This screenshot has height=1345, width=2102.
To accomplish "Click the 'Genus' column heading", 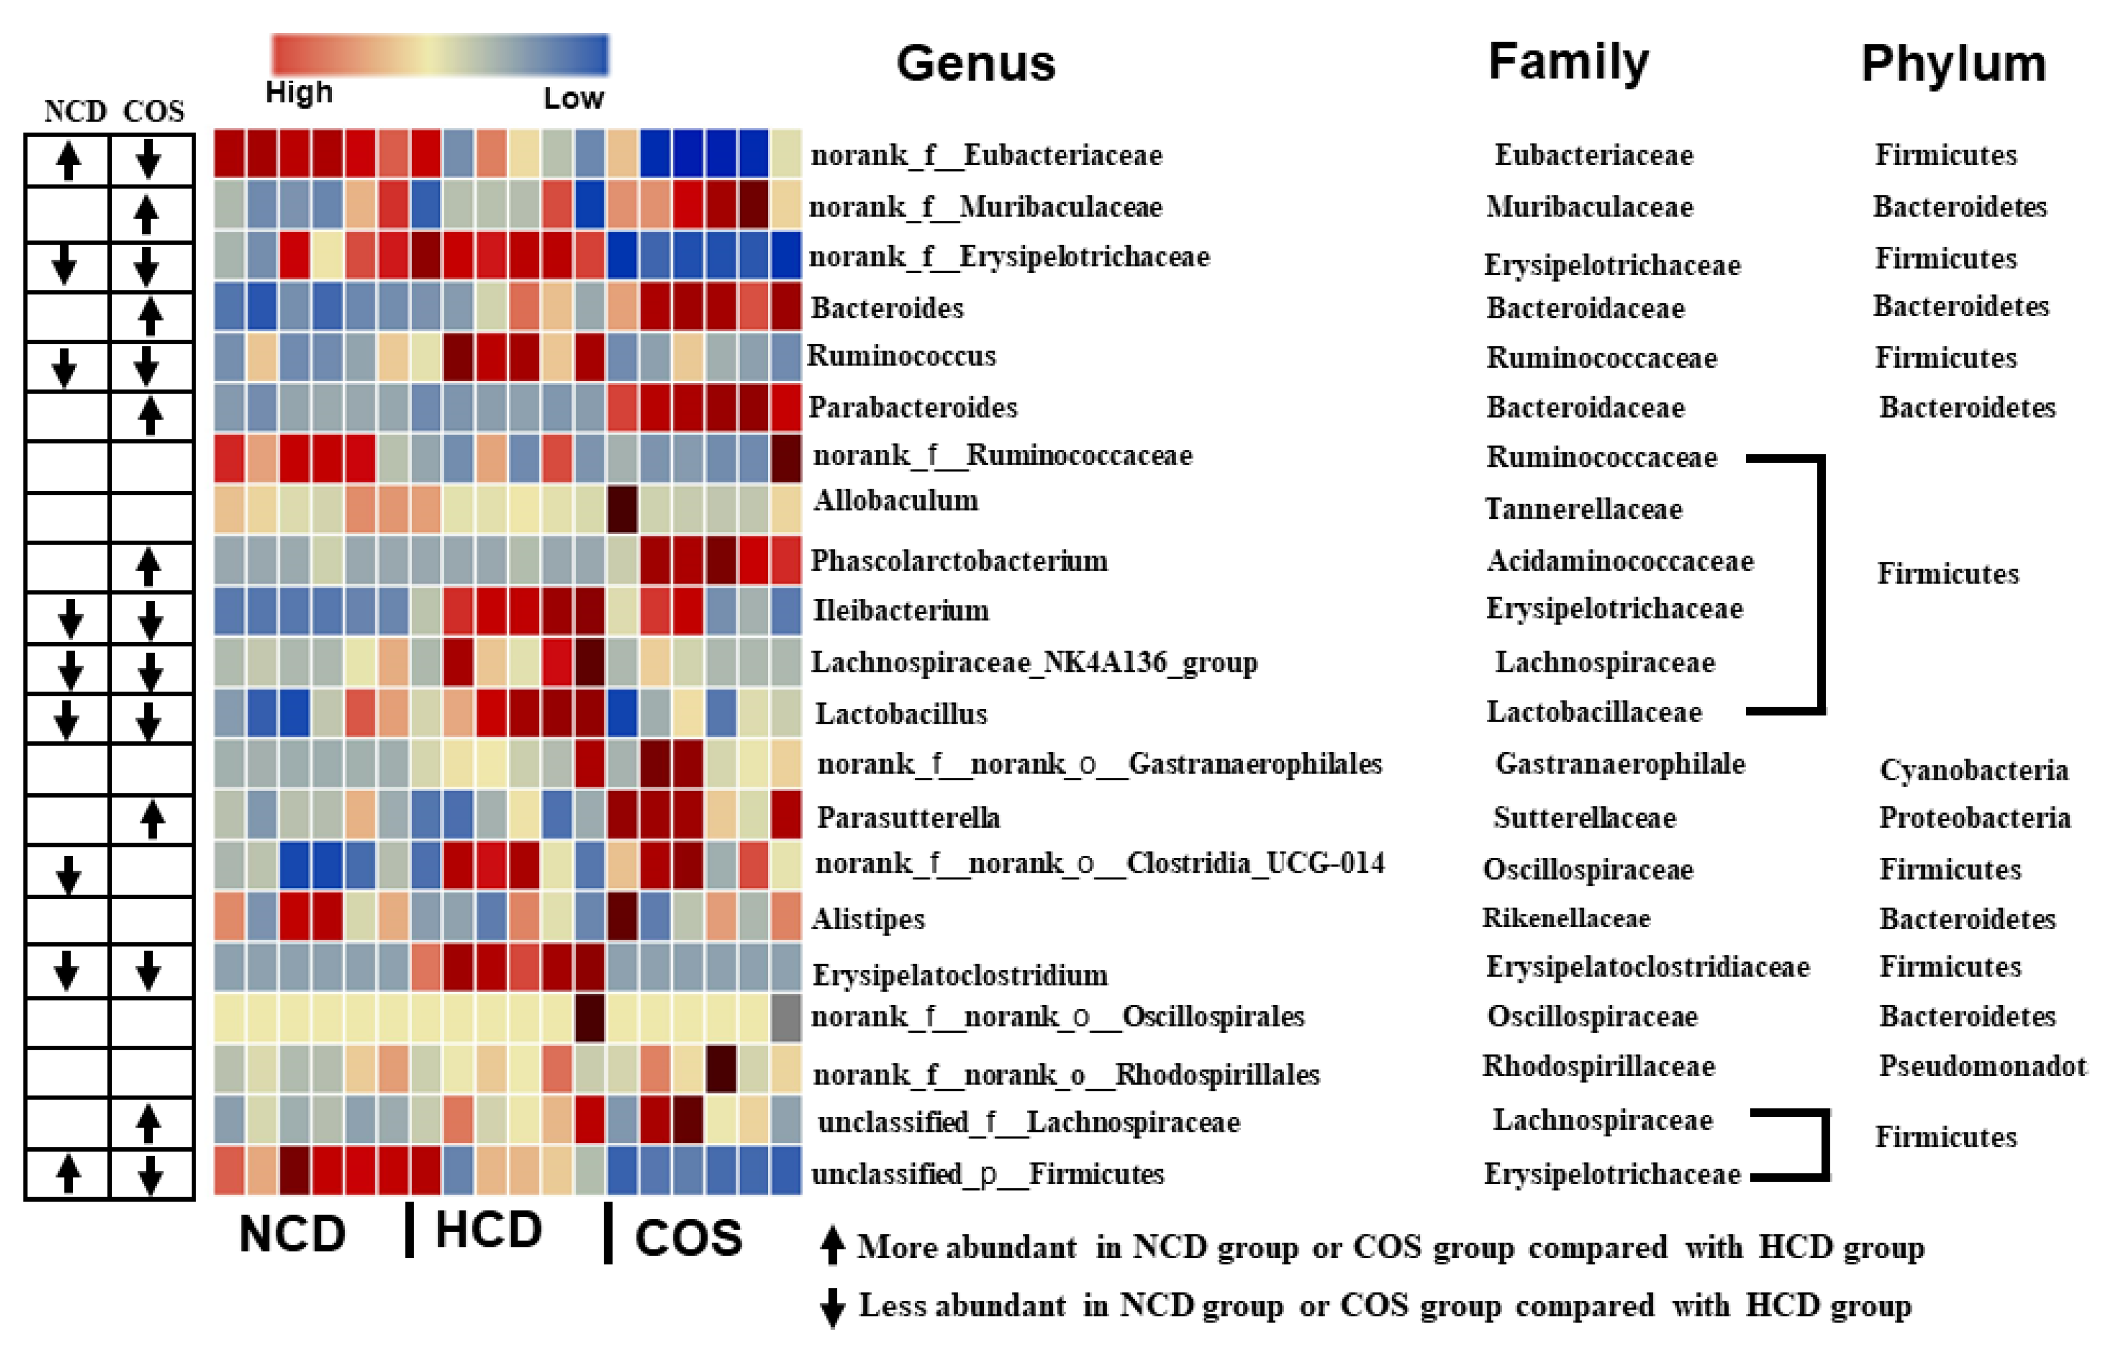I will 976,63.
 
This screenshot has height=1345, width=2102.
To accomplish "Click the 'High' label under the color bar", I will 299,91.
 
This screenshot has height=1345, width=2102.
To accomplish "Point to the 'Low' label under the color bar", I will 573,98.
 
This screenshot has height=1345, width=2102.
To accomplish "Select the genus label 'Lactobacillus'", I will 901,713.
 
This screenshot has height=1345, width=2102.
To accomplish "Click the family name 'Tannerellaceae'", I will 1583,508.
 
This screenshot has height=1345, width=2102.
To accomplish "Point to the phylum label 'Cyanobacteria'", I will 1974,769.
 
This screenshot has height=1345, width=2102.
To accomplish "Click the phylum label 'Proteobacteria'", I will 1974,817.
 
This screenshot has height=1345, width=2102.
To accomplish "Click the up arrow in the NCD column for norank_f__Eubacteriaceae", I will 68,161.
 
